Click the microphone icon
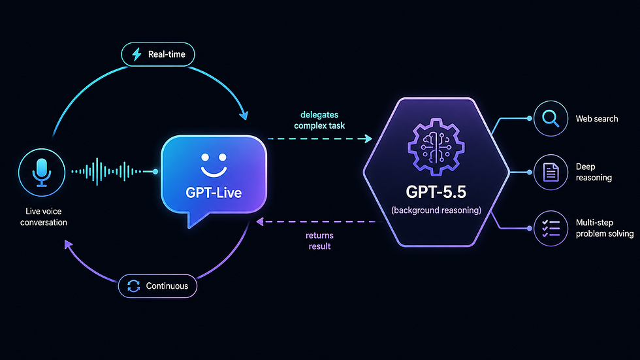[42, 172]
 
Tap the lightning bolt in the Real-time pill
[136, 54]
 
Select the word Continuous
[167, 286]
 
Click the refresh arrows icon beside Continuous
[133, 286]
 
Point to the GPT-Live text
[214, 192]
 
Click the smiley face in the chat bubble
[214, 165]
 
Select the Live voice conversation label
[44, 217]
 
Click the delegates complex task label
[319, 120]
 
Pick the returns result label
[319, 241]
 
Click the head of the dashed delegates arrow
[368, 139]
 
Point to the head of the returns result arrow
[261, 221]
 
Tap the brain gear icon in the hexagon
[436, 147]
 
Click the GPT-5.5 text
[436, 192]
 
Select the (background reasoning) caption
[436, 210]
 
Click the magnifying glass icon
[551, 118]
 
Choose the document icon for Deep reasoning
[551, 172]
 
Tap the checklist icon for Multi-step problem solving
[551, 229]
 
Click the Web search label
[597, 119]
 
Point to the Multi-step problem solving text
[605, 228]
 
